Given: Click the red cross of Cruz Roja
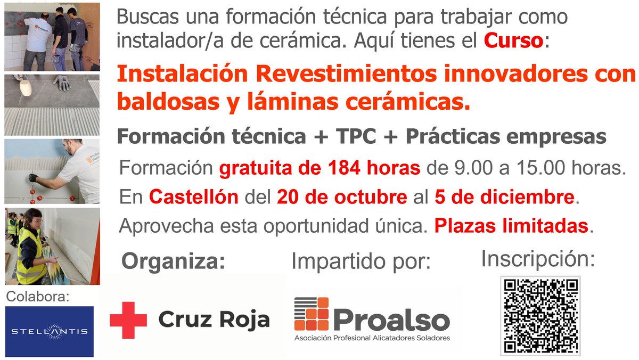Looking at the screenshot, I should click(128, 320).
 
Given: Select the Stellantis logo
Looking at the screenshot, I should click(50, 331).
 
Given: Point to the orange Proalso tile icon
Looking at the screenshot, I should click(312, 314).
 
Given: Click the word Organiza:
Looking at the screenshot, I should click(173, 261).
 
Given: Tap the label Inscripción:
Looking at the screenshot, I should click(538, 259).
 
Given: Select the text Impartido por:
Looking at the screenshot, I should click(361, 261).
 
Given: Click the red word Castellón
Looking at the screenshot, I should click(194, 198).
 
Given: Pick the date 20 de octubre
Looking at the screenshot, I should click(341, 198).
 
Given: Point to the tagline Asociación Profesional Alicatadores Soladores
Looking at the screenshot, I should click(372, 338).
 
